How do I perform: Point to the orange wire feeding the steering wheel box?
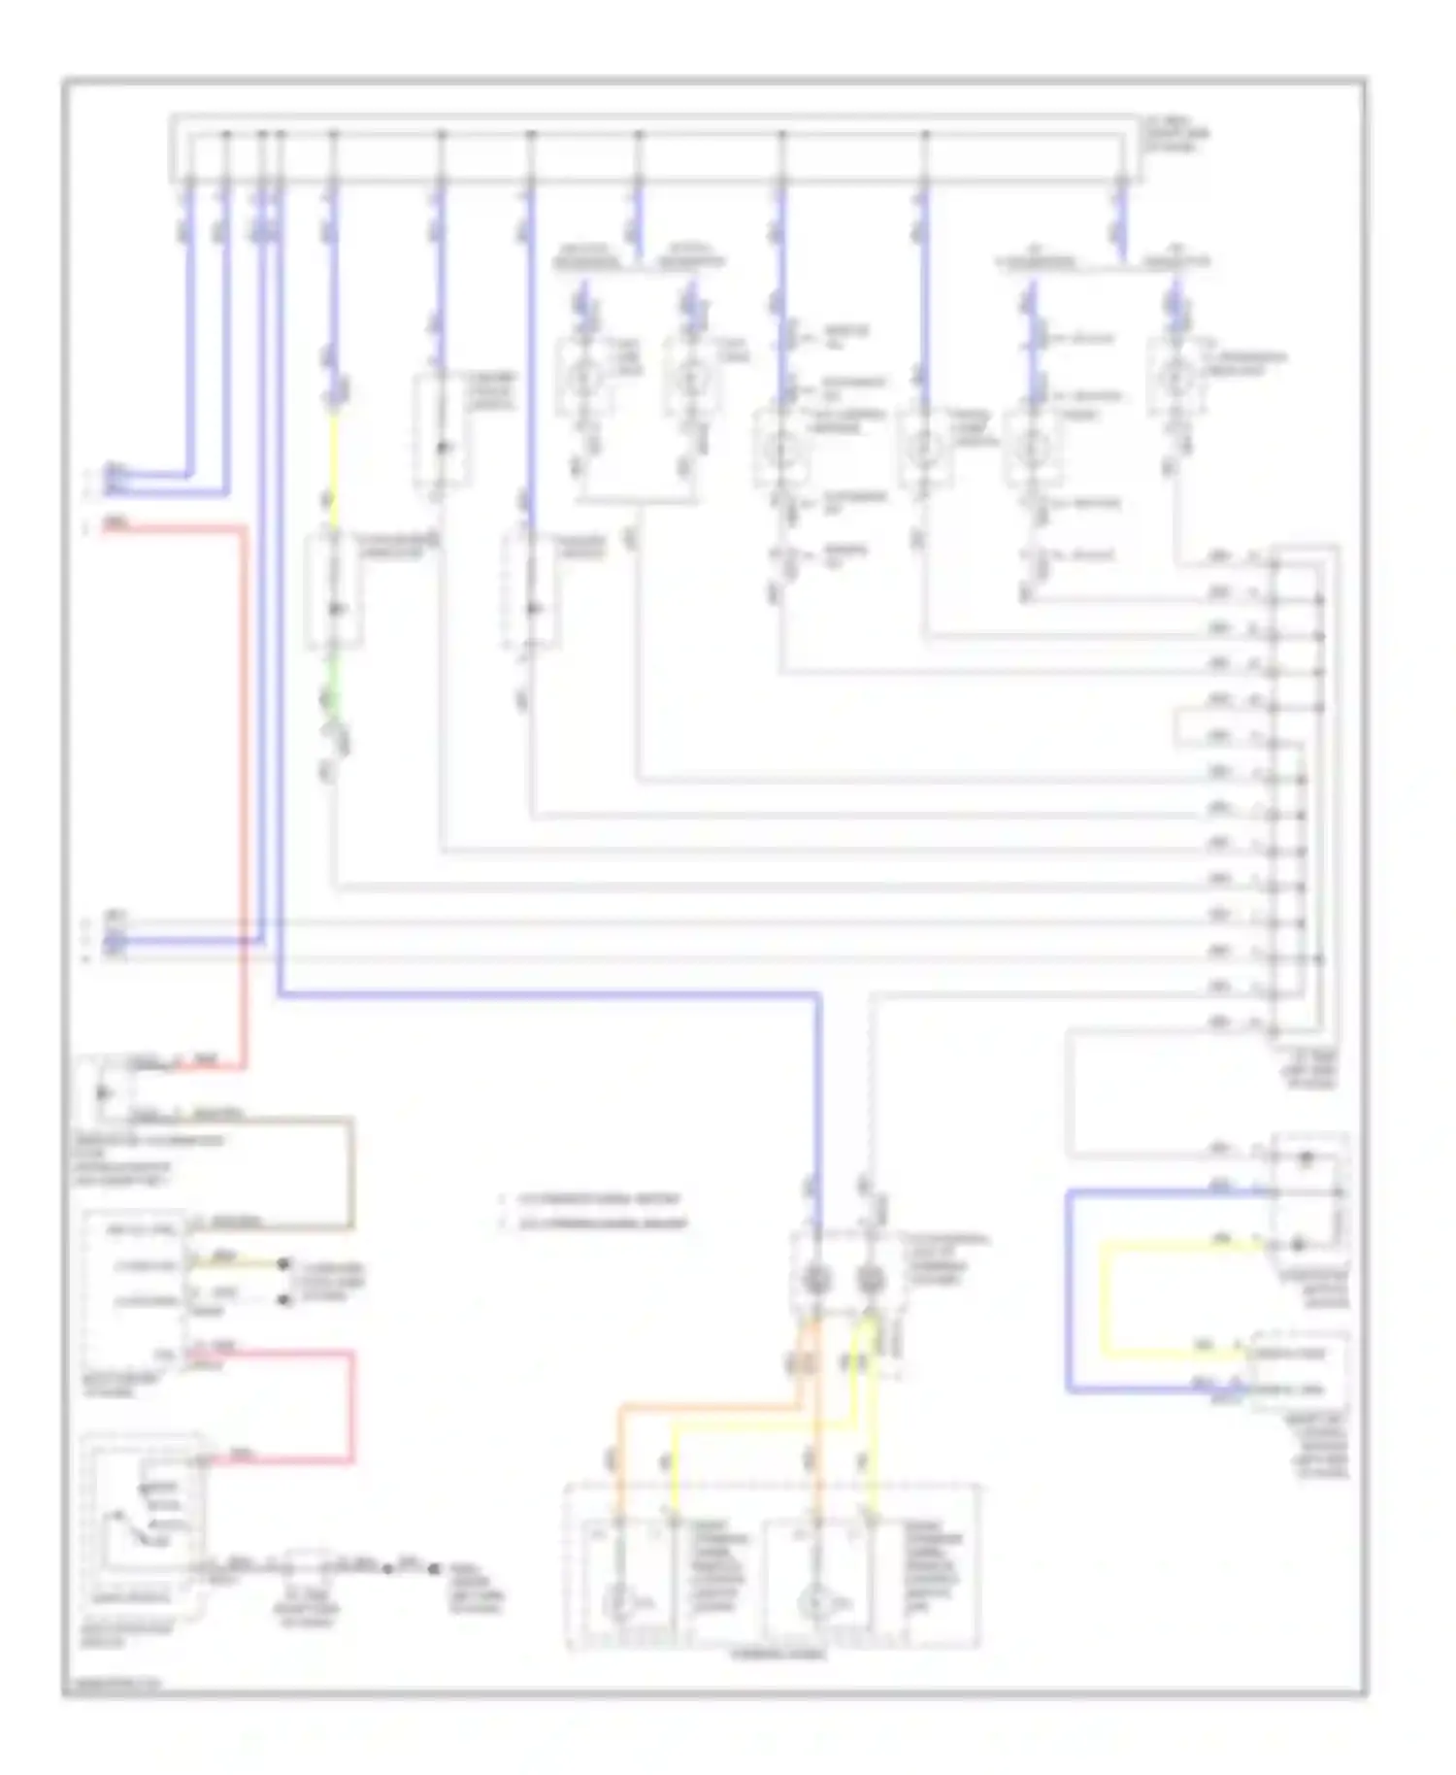[x=709, y=1405]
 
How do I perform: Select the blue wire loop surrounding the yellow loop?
[x=1068, y=1291]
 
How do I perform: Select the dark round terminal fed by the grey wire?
[x=870, y=1280]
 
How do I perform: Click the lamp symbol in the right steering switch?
[x=815, y=1603]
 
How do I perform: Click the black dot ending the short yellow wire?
[x=283, y=1264]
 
